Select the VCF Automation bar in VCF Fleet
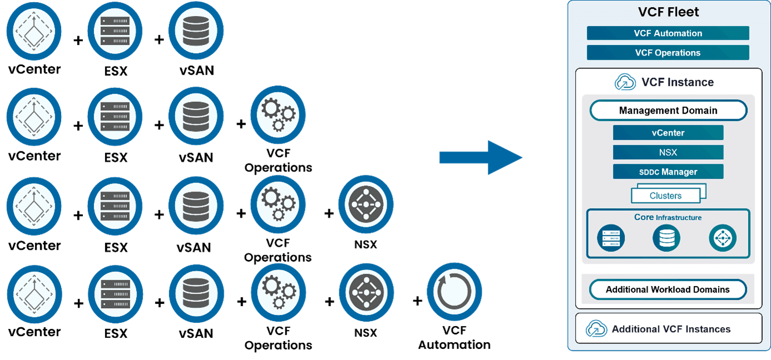668,33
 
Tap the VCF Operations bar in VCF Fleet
668,53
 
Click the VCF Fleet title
668,12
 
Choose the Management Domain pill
668,110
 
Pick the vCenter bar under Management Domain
668,133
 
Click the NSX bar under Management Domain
668,152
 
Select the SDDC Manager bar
668,171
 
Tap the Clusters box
666,195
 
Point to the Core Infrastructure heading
668,218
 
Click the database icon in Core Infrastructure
666,239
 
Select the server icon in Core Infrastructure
611,239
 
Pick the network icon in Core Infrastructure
723,239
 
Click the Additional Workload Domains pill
668,289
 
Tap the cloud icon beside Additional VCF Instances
596,329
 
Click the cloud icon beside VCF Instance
625,82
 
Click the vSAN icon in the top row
196,30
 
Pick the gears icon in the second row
278,114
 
